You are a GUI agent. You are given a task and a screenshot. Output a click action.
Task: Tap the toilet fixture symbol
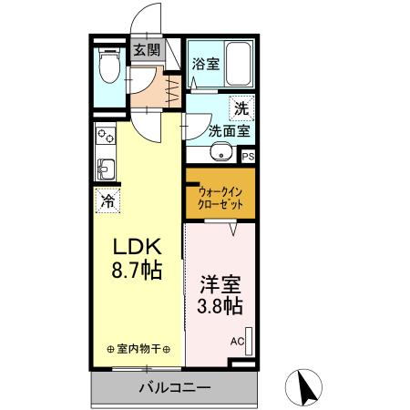click(109, 65)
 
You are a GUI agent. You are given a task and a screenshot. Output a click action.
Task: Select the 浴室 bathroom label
click(205, 64)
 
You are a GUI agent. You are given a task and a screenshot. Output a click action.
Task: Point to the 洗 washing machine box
click(241, 108)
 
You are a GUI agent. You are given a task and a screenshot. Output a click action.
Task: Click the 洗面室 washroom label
click(229, 130)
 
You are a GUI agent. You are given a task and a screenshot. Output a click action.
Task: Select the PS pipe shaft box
click(249, 156)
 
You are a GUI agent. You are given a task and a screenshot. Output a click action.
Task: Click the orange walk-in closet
click(220, 198)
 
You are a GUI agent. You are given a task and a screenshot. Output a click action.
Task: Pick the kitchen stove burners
click(106, 137)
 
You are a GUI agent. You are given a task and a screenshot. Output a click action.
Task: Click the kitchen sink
click(105, 169)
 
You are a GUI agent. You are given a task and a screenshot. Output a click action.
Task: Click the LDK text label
click(137, 247)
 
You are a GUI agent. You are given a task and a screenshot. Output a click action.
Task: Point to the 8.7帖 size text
click(137, 272)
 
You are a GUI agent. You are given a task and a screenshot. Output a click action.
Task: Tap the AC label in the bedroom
click(237, 342)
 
